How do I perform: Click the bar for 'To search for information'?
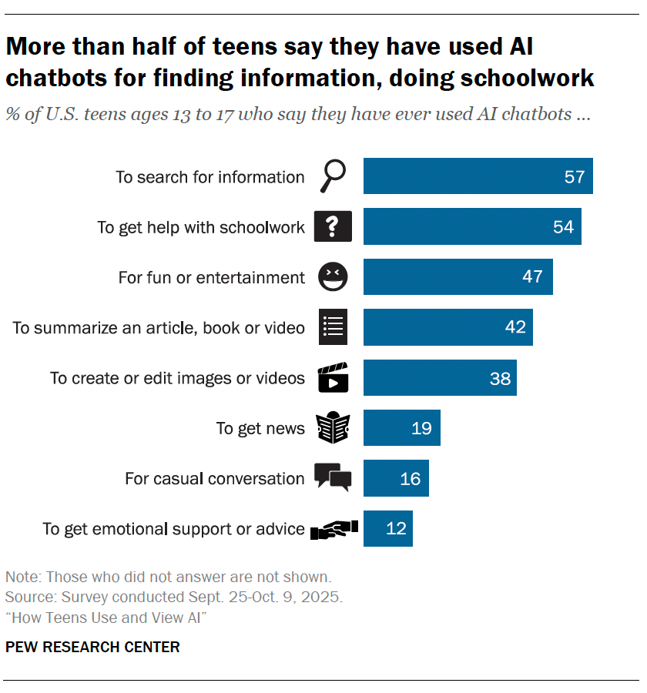478,176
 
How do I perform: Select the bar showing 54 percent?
472,227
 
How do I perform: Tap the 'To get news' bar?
401,428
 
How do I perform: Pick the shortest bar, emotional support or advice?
387,529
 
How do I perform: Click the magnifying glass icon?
332,177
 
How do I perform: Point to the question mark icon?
333,227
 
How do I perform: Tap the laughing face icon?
333,276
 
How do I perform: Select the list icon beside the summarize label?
333,327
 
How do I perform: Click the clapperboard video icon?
333,377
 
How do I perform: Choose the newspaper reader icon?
333,428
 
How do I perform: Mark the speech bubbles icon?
333,478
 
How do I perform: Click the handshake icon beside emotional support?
334,529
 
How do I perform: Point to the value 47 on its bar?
532,276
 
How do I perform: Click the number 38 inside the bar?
500,378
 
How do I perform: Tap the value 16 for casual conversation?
411,479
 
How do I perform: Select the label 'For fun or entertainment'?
212,277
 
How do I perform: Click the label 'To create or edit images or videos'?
178,378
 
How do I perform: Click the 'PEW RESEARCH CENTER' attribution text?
92,647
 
